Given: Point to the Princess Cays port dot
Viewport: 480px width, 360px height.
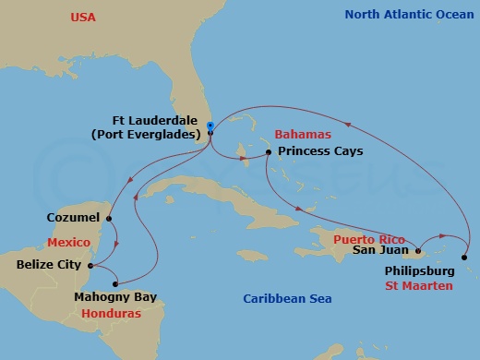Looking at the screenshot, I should [x=268, y=151].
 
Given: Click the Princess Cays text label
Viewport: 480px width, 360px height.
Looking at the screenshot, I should [x=320, y=151].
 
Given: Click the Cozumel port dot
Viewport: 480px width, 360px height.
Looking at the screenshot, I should [x=110, y=219].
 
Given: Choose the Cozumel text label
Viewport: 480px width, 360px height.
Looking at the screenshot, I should [x=75, y=219].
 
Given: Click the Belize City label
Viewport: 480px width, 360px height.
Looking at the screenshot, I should [x=52, y=264].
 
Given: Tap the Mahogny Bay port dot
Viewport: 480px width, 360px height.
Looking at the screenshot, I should [x=115, y=282].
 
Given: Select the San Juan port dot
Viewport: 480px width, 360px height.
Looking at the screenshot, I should [x=418, y=250].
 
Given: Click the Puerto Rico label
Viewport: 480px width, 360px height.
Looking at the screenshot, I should [x=363, y=237].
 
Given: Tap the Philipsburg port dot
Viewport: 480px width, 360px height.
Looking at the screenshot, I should [x=465, y=258].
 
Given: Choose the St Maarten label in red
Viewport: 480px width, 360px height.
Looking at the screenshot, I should [x=420, y=287].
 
